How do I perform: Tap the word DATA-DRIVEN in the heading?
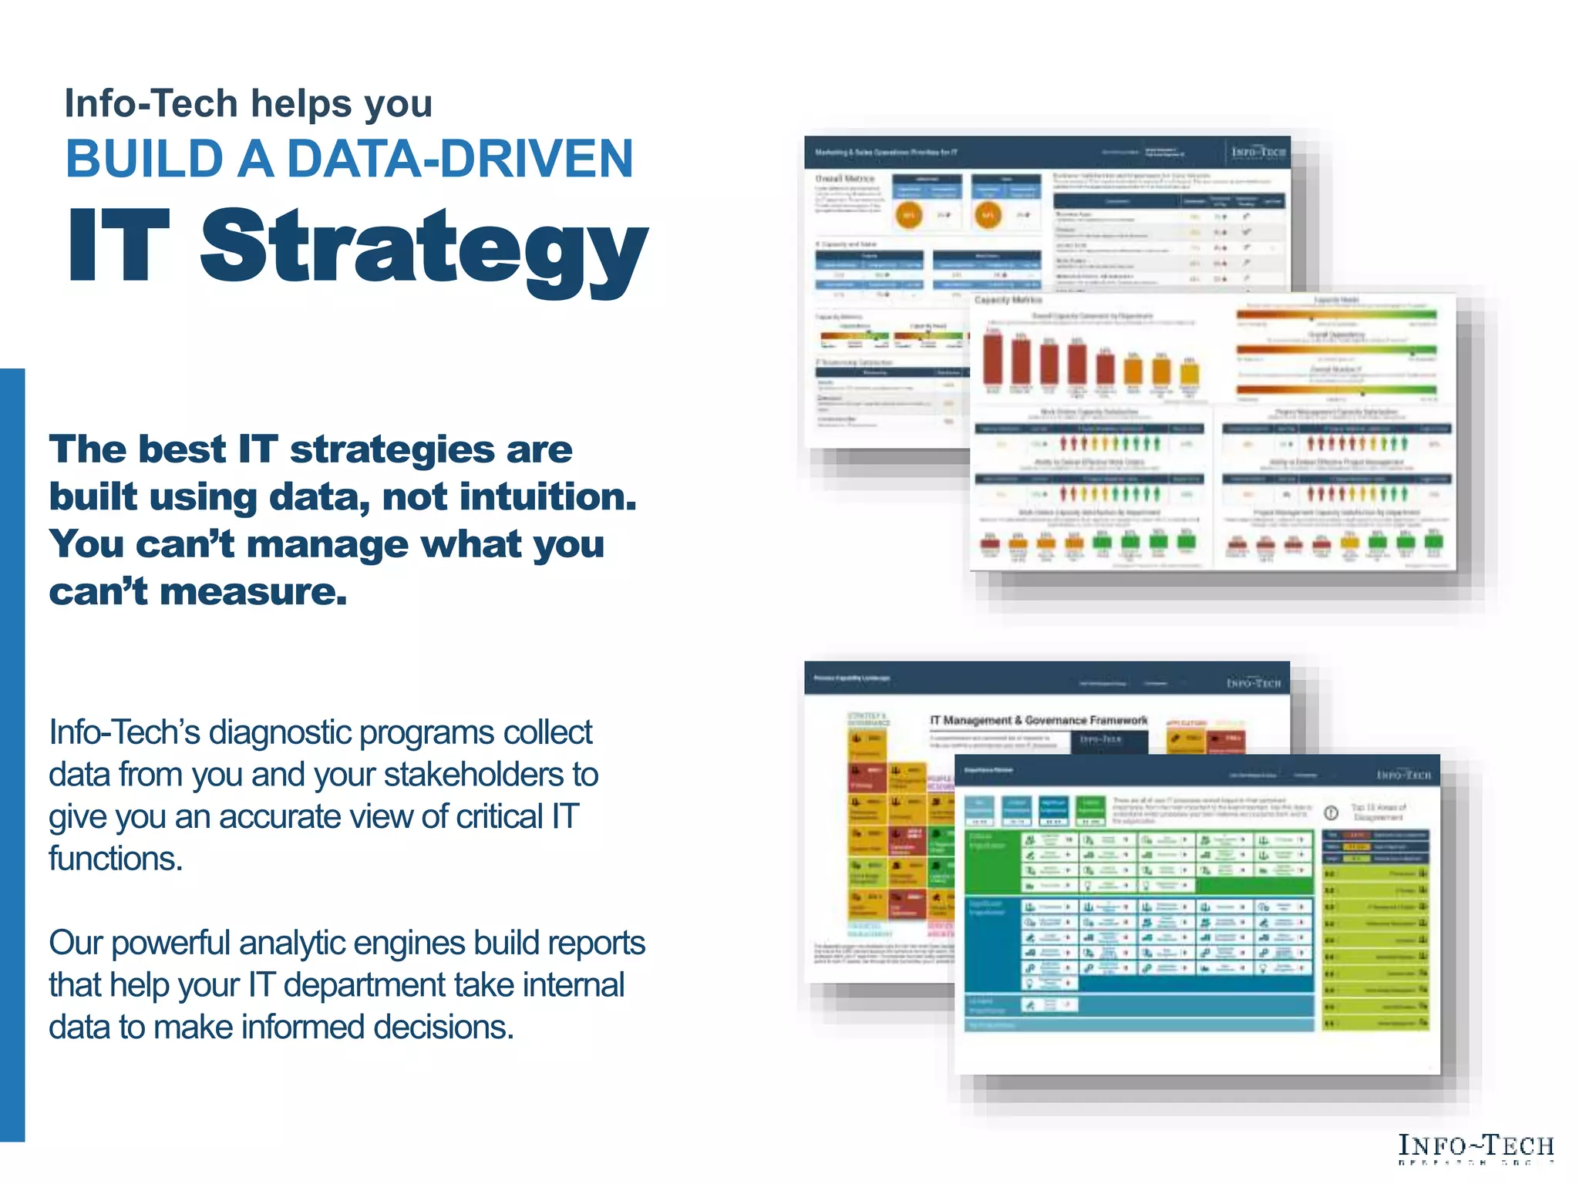click(460, 159)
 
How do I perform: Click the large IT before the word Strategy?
click(118, 245)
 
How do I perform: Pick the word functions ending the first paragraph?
click(115, 859)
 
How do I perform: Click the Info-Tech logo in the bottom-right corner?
click(1476, 1147)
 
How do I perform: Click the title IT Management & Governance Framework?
click(1038, 720)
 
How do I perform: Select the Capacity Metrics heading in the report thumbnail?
click(1008, 300)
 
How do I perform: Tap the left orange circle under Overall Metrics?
click(909, 215)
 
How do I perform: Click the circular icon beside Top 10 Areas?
click(1331, 812)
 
